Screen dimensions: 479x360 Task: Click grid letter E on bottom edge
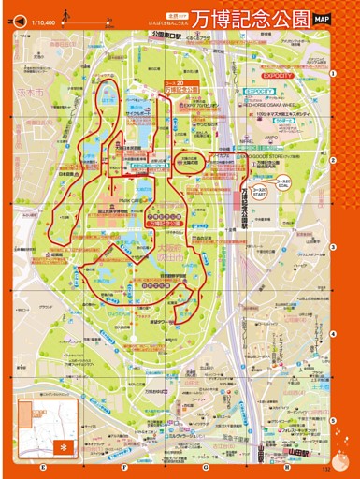43,465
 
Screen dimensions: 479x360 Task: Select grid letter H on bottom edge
287,465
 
